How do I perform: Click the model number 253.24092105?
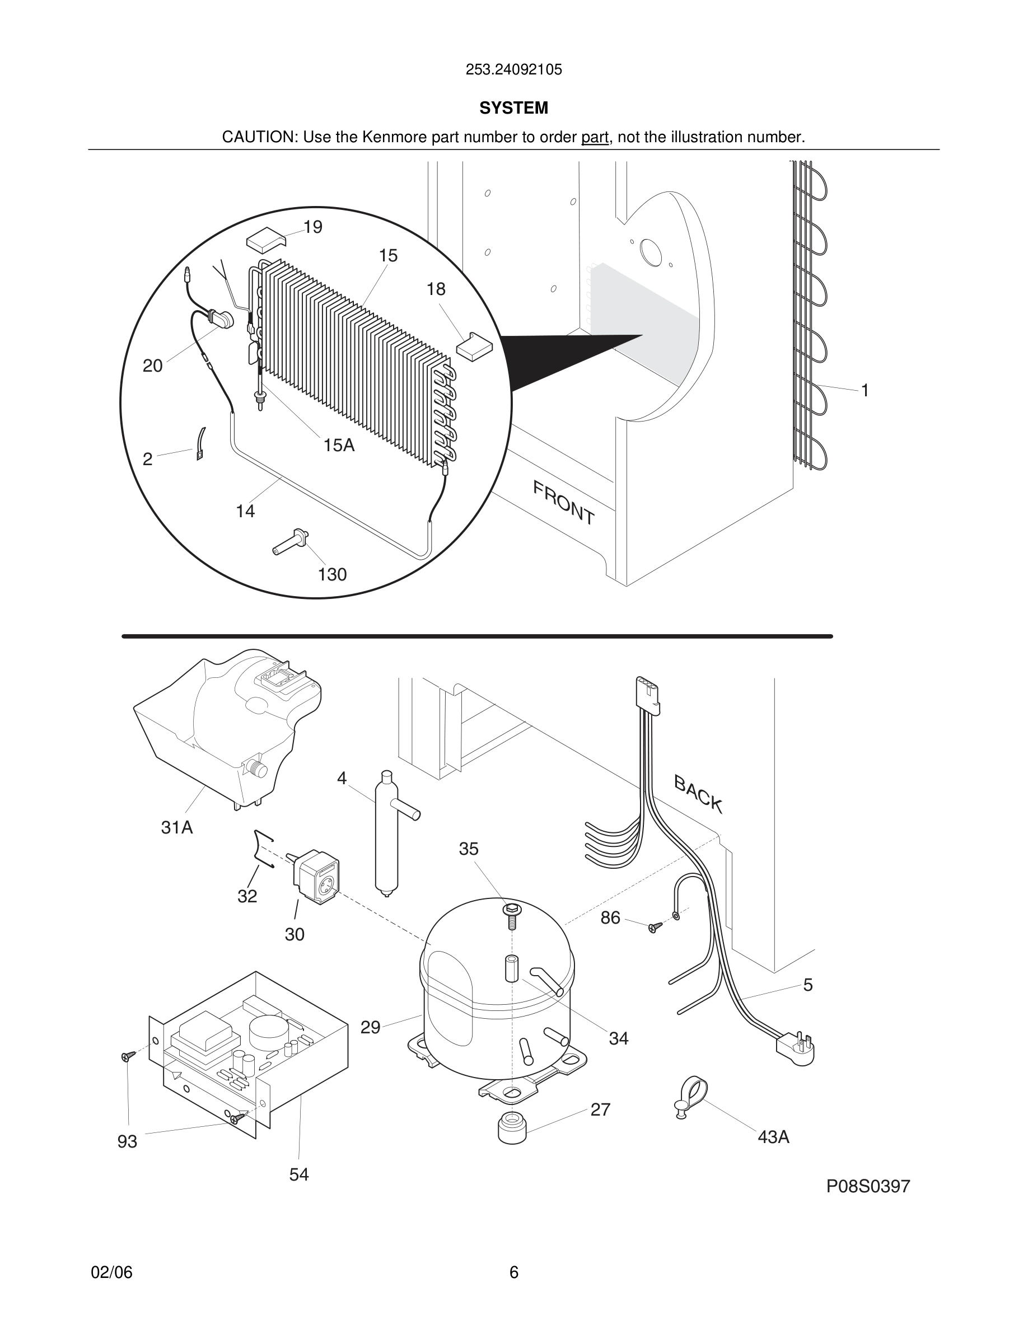pos(513,70)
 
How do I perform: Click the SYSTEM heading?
pos(513,109)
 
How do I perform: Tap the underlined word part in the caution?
pos(595,138)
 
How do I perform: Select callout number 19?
pos(312,227)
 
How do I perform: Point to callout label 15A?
pos(339,445)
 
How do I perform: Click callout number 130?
pos(332,574)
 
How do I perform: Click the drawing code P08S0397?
pos(868,1186)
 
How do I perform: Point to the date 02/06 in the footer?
pos(111,1272)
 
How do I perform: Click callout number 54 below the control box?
pos(299,1175)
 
